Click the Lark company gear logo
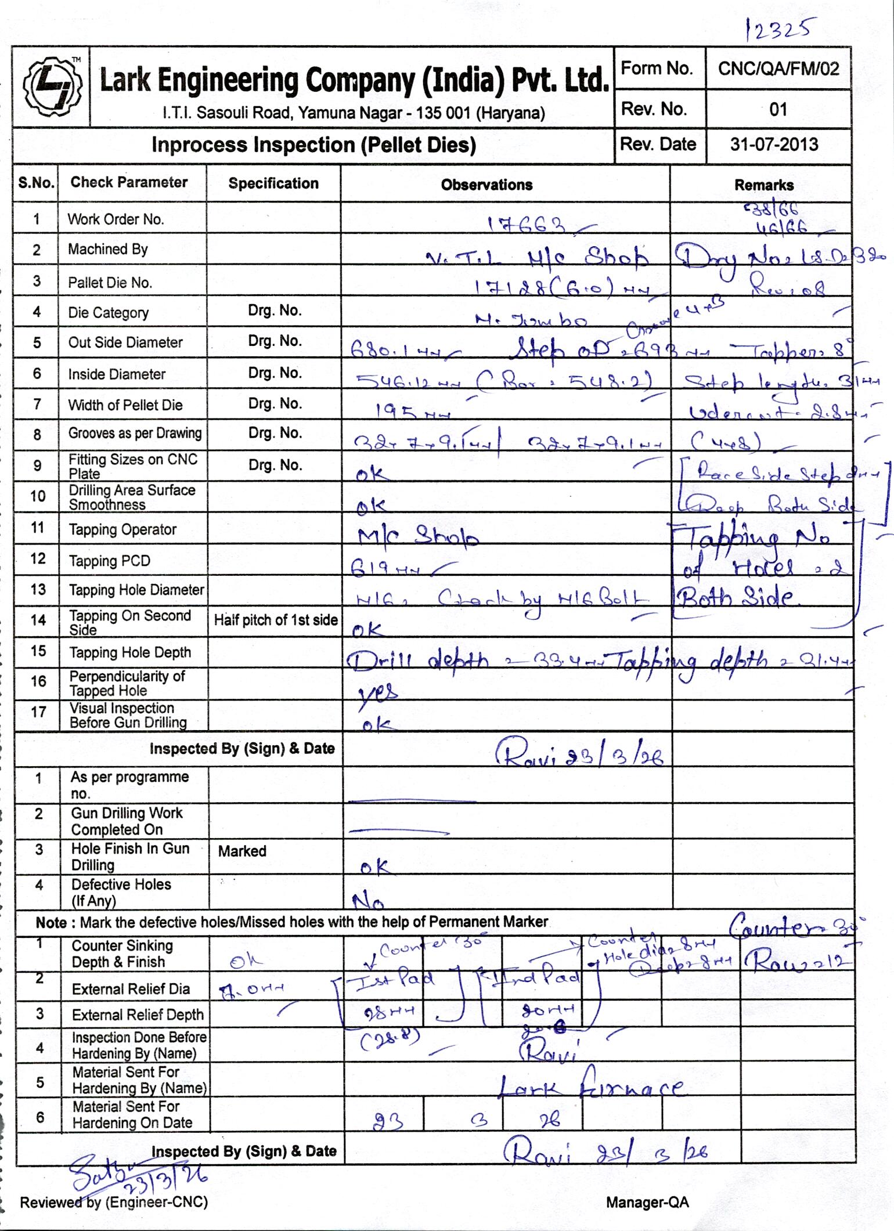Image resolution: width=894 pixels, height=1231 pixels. point(51,87)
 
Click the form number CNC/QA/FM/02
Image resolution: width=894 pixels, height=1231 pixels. point(778,69)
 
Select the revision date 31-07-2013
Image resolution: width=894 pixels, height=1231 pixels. point(774,144)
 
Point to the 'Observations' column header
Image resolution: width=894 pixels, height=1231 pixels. point(486,185)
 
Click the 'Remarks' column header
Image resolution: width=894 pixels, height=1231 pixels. point(763,185)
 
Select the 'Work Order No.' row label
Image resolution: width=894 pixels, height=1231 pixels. point(116,219)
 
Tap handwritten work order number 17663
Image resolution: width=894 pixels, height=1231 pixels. point(527,225)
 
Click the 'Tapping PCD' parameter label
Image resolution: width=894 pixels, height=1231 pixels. point(109,561)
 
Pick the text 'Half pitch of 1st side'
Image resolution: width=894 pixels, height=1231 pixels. point(276,620)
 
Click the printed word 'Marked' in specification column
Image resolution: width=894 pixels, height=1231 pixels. point(242,851)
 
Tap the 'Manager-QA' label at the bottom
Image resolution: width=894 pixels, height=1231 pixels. point(647,1202)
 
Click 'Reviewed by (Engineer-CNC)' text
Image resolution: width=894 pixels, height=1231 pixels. point(114,1202)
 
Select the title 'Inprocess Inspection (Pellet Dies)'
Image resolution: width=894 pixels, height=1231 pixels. point(313,145)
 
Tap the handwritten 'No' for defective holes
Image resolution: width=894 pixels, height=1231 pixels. point(368,901)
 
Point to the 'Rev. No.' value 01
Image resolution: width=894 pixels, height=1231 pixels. point(778,109)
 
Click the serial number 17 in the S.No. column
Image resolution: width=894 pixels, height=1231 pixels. point(38,712)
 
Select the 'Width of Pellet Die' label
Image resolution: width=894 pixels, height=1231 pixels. point(125,405)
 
